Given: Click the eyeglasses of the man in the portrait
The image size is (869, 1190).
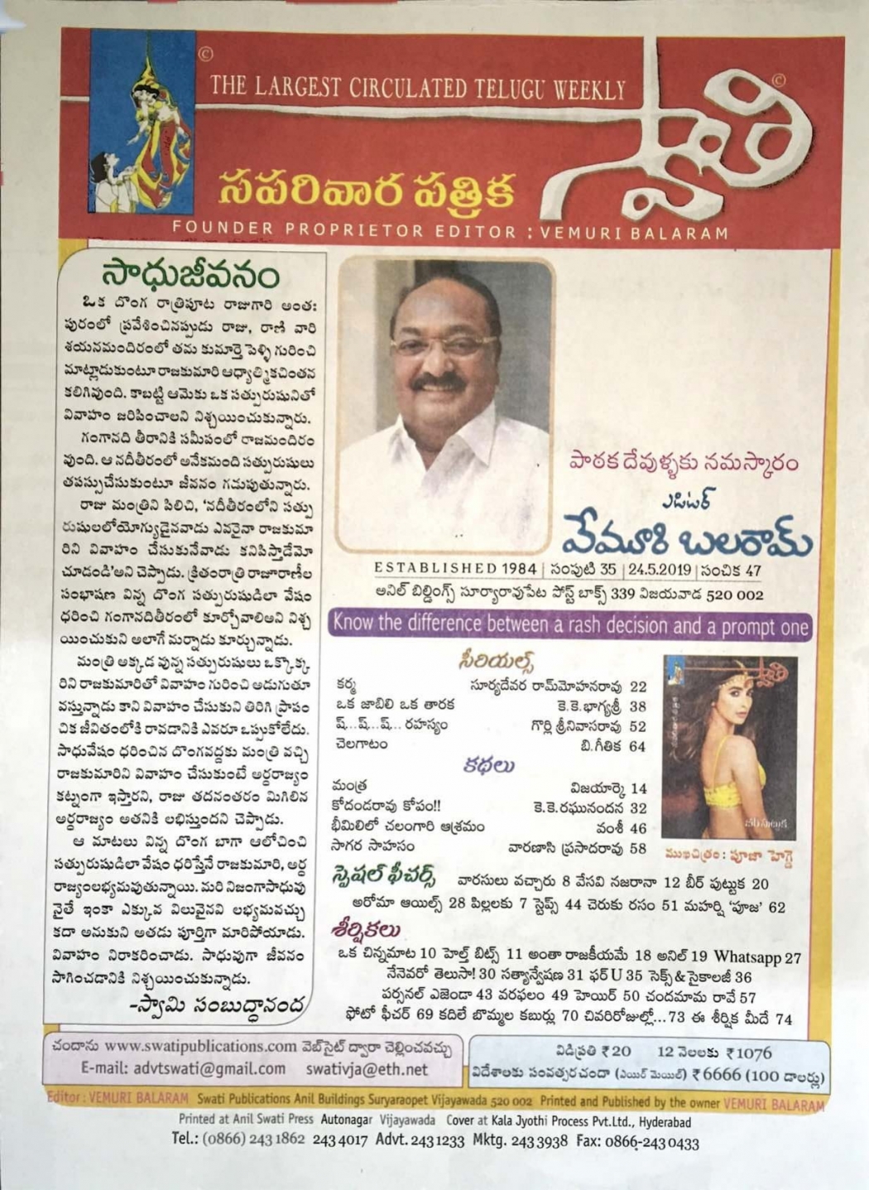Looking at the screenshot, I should click(444, 344).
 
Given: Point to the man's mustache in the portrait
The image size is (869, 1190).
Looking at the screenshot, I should click(439, 383).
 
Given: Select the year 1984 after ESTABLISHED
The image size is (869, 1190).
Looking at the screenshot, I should click(517, 569).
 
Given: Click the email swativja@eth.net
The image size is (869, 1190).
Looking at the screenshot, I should click(367, 1068).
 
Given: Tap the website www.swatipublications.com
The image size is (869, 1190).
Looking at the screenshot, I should click(201, 1046).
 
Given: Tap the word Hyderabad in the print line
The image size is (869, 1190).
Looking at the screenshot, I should click(660, 1122).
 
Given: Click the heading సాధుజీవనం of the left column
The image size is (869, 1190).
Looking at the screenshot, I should click(190, 275).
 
